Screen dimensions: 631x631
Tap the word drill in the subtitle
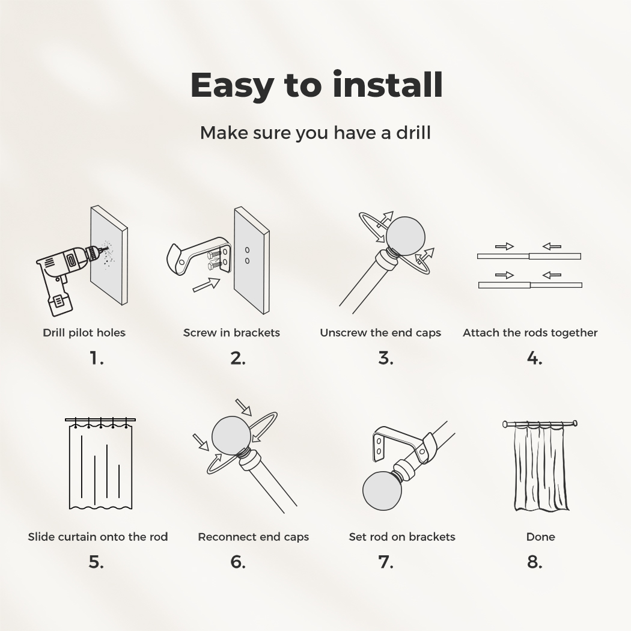point(413,132)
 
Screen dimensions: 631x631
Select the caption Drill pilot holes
point(84,333)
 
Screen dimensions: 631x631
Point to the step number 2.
point(238,358)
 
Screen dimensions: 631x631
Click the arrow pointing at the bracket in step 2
point(206,284)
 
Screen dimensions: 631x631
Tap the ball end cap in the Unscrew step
point(405,236)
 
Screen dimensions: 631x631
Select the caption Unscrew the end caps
point(380,333)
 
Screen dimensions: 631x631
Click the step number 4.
point(534,358)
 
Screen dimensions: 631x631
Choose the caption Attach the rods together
point(530,333)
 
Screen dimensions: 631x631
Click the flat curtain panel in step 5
point(100,467)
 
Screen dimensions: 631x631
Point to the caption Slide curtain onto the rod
point(98,537)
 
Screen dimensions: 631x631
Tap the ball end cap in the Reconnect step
point(231,436)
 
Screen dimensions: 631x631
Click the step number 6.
point(238,562)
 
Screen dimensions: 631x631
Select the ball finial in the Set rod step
point(382,492)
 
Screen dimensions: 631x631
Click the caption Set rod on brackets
point(402,537)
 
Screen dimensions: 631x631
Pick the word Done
point(540,537)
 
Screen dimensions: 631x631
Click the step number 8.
point(534,562)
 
